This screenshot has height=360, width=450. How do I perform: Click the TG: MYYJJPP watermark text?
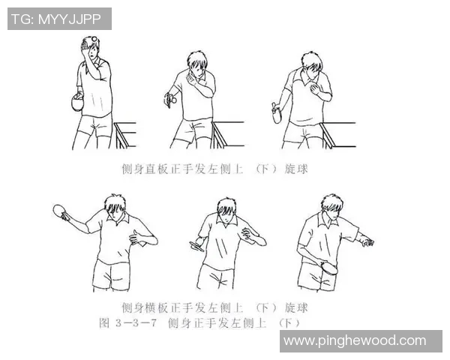tap(59, 19)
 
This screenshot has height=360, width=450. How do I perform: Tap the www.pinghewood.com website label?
tap(354, 341)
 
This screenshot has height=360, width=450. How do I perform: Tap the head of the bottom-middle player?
tap(226, 211)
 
